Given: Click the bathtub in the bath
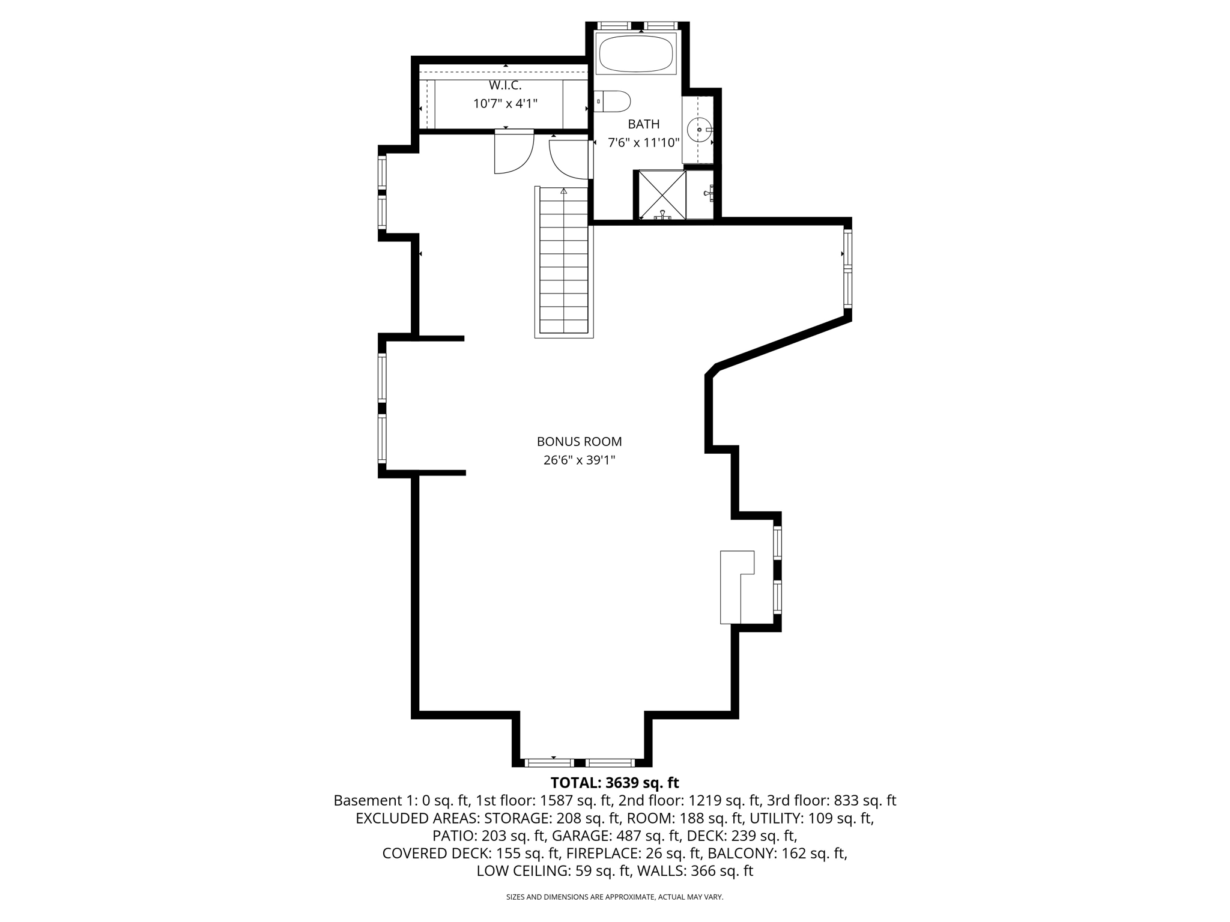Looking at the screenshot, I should [636, 53].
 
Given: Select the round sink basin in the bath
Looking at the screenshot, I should [699, 130].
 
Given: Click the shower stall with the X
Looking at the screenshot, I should [662, 194].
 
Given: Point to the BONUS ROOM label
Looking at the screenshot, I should [579, 442].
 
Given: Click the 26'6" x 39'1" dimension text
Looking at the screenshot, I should [579, 460].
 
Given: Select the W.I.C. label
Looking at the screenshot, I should [505, 85].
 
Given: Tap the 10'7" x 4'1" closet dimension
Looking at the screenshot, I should [505, 104].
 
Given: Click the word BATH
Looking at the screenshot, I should [643, 124].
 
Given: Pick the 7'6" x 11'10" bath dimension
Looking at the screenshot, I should [643, 143].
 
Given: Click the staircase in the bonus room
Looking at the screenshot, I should [563, 264].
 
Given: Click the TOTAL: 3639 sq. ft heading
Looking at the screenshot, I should [614, 783].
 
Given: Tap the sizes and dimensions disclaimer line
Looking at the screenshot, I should [614, 897].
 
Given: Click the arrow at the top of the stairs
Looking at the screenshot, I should [563, 191].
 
